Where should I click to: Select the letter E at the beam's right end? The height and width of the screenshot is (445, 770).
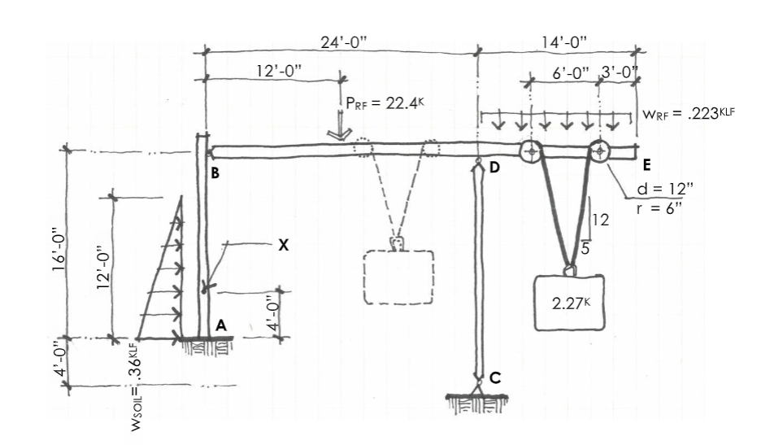[646, 165]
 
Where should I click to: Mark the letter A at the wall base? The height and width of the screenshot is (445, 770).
[220, 324]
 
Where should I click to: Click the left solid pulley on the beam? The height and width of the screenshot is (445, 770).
[531, 151]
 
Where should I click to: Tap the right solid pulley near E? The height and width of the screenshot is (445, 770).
[599, 151]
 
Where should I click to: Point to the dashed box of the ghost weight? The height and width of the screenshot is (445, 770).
[398, 278]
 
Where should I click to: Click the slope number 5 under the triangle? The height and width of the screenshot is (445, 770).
[585, 242]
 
